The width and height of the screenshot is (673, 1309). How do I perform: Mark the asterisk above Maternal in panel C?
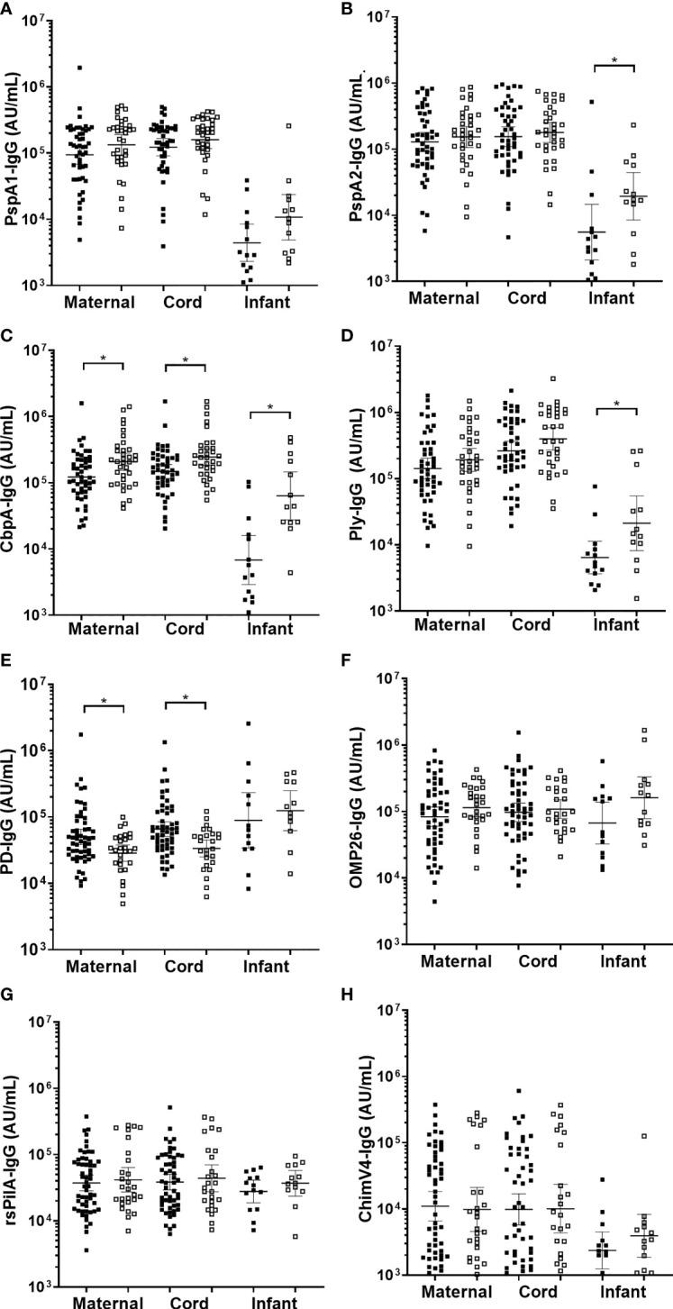click(103, 359)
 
